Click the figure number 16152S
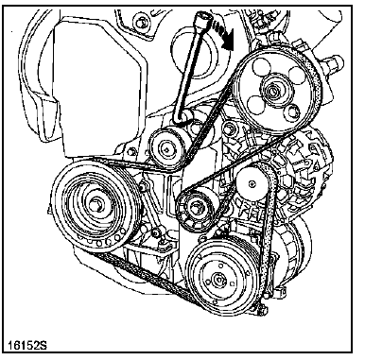coord(27,346)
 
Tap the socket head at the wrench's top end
coord(200,20)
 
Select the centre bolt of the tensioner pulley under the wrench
coord(165,148)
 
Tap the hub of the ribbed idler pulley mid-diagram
coord(195,208)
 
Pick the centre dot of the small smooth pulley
coord(252,183)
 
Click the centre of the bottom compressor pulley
coord(217,279)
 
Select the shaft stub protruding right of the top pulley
coord(334,61)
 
